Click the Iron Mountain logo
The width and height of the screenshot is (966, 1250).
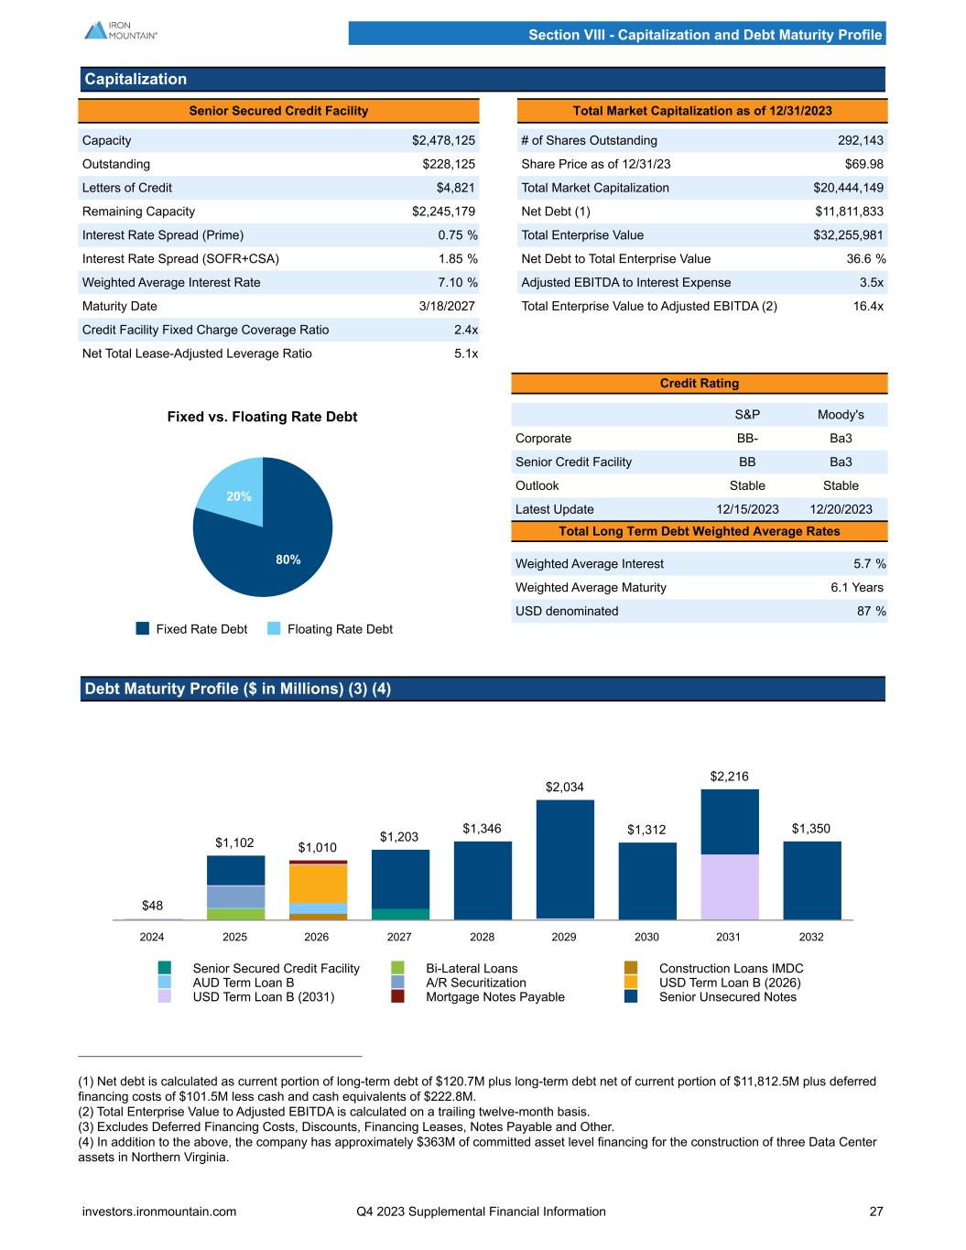120,30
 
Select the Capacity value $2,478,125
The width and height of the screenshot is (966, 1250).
443,140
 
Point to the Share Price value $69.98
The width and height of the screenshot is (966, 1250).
863,164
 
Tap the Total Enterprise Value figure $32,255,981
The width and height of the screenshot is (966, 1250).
848,235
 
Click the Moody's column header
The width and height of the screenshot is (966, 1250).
840,415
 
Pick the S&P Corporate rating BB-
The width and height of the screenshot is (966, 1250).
746,439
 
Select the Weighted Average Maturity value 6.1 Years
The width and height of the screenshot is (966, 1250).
856,587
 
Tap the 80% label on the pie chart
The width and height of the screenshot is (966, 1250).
288,560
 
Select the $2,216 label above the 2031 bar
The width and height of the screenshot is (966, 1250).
729,777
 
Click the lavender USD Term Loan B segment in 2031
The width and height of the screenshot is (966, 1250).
730,886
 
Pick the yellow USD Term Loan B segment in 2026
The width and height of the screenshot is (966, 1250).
318,883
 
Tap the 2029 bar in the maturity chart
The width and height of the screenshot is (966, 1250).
565,858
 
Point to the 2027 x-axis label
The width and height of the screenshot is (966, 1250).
399,937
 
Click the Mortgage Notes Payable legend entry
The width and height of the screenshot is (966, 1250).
494,996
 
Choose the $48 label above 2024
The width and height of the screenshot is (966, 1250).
153,906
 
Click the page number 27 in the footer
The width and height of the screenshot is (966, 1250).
876,1212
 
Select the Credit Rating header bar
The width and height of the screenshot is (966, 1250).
700,383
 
